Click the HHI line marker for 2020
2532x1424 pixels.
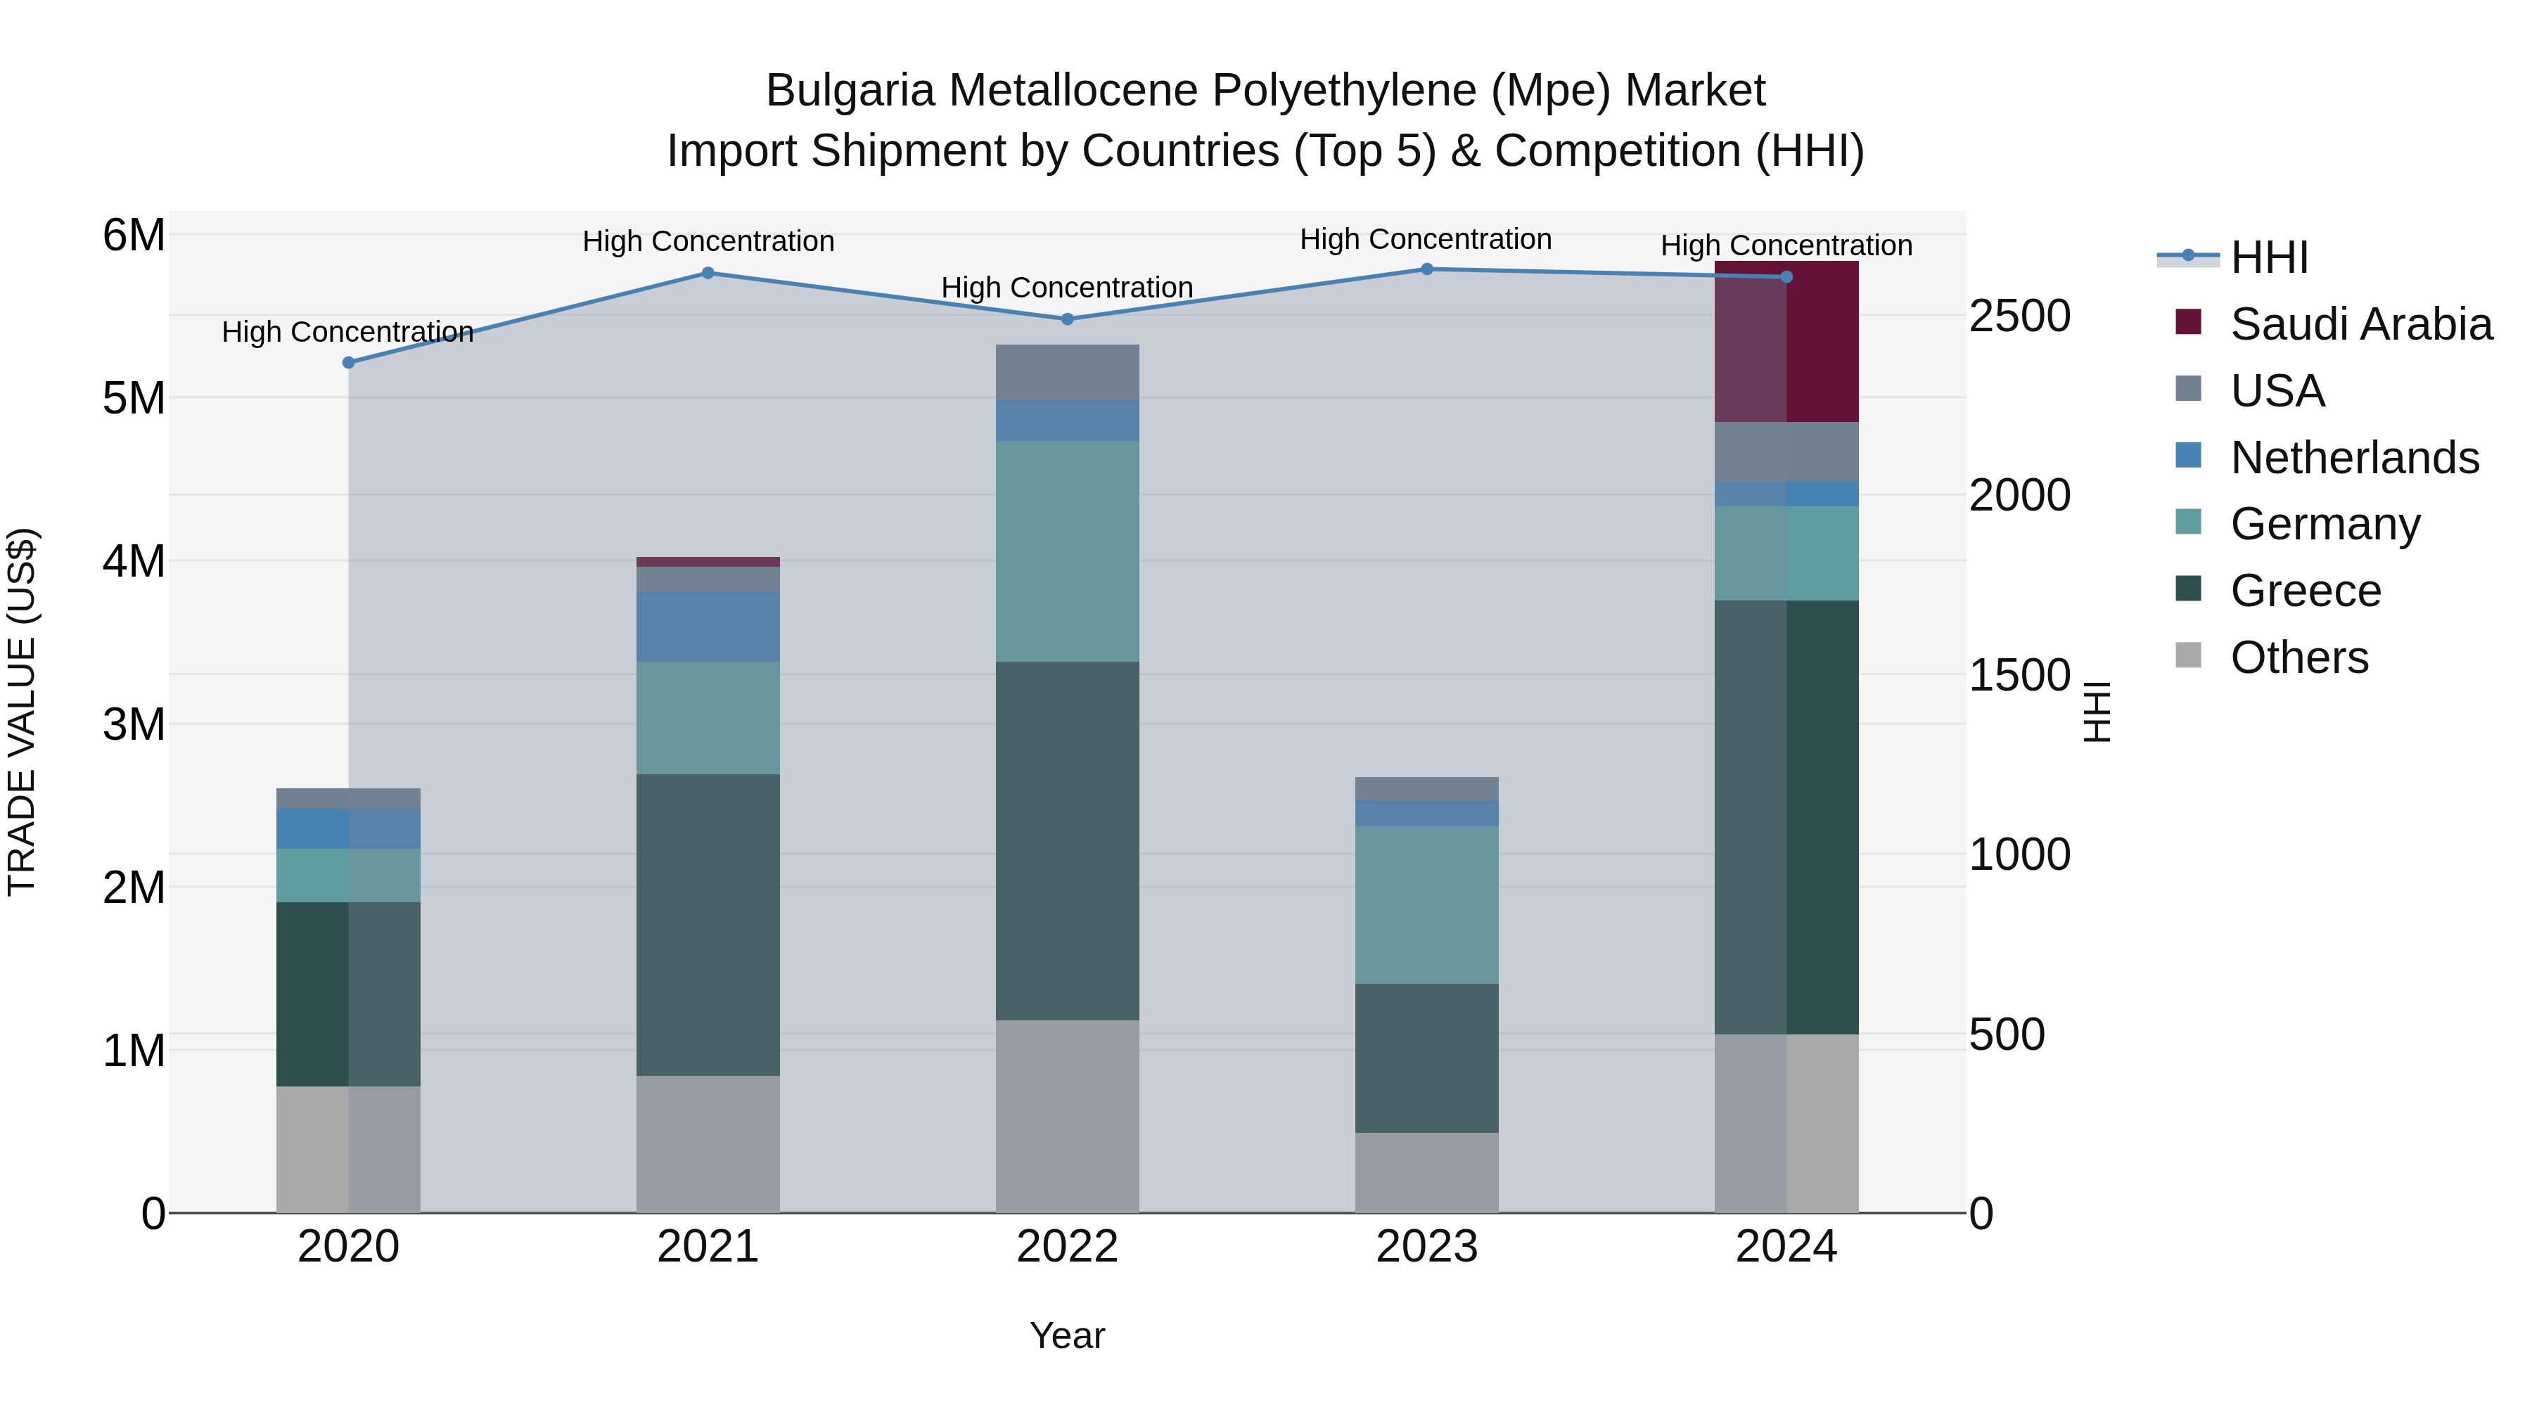tap(348, 363)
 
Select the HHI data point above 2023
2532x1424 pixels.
tap(1427, 269)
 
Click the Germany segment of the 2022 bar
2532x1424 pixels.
tap(1068, 551)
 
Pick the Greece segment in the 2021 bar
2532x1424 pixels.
tap(708, 925)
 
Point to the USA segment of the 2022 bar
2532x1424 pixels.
tap(1068, 373)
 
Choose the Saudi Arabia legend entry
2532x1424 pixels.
tap(2360, 324)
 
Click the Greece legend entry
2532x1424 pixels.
tap(2305, 591)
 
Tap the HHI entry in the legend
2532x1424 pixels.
tap(2268, 257)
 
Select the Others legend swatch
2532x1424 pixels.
tap(2188, 655)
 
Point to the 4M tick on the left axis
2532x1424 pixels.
tap(134, 561)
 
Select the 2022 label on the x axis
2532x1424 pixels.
tap(1068, 1247)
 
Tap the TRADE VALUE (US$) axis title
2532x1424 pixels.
tap(22, 712)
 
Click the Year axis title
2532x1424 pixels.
tap(1068, 1335)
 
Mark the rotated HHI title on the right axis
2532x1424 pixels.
tap(2096, 712)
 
